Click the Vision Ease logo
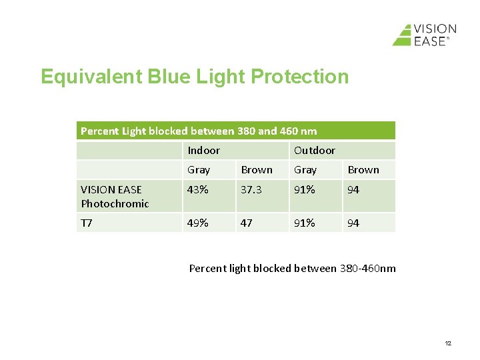[x=424, y=35]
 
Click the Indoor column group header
[x=203, y=151]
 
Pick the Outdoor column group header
[x=314, y=151]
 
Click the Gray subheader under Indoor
[x=199, y=170]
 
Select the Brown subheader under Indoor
[x=256, y=170]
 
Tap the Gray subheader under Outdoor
[x=305, y=170]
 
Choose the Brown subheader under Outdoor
[x=363, y=170]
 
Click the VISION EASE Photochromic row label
[x=115, y=197]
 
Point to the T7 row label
[x=87, y=223]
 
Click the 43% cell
[x=197, y=190]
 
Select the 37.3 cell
[x=251, y=190]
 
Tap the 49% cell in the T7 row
[x=197, y=223]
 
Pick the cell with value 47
[x=247, y=223]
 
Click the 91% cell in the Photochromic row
[x=304, y=190]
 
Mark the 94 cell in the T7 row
[x=353, y=223]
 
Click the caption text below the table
[x=292, y=268]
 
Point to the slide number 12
[x=447, y=343]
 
